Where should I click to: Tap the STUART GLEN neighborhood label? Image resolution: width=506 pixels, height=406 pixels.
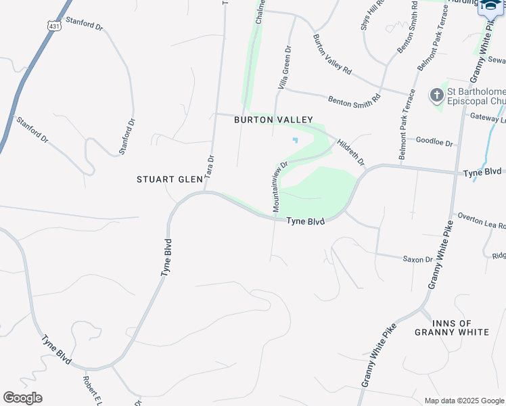(170, 179)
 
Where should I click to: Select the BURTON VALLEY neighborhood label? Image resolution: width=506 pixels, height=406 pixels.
(273, 120)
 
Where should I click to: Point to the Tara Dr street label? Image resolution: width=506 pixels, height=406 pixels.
(210, 166)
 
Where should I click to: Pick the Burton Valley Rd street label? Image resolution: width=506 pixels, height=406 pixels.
(332, 54)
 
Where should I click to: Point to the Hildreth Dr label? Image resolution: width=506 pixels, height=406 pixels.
(350, 153)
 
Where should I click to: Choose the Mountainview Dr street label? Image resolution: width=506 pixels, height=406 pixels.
(280, 187)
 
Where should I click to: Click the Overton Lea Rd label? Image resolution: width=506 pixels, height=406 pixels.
(481, 221)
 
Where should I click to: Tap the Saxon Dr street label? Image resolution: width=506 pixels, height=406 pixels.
(417, 259)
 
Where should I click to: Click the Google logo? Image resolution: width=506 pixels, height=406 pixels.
(22, 398)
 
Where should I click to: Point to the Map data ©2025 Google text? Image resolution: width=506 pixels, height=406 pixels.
(463, 401)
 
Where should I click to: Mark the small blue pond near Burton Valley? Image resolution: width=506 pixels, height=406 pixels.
(295, 140)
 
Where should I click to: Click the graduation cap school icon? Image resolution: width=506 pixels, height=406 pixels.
(490, 5)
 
